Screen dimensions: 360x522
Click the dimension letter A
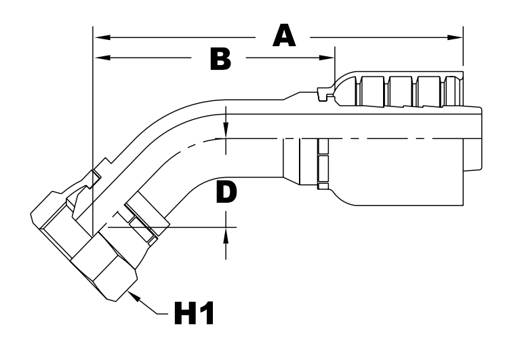point(284,35)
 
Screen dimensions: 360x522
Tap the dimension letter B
point(220,60)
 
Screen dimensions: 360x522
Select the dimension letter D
point(227,192)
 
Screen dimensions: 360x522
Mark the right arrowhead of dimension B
point(329,58)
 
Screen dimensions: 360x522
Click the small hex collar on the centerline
point(321,163)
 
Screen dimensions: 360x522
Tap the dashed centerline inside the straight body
point(380,138)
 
